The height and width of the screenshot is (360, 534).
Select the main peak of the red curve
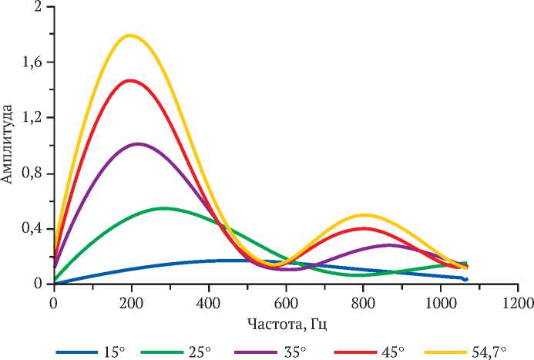[x=129, y=80]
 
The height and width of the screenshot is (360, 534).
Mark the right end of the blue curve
[x=465, y=279]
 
